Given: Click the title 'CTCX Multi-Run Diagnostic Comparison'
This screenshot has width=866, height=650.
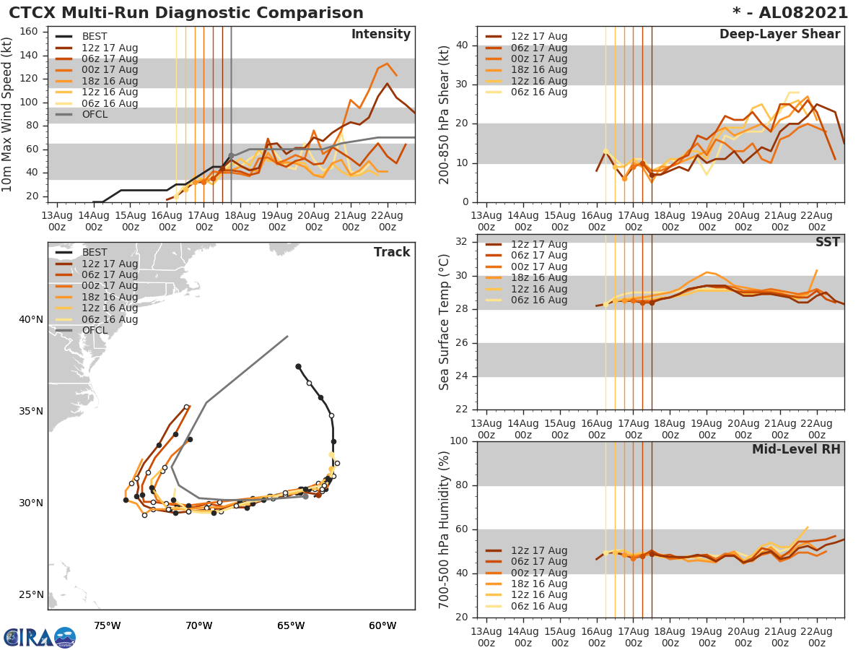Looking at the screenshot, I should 186,13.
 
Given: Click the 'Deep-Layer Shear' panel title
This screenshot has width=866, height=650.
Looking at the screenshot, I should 779,35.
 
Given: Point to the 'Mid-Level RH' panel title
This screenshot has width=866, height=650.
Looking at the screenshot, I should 796,450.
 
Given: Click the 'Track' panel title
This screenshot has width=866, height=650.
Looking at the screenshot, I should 392,252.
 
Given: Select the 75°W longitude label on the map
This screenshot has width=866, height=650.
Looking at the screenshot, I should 107,625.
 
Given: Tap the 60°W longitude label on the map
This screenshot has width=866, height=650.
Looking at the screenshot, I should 382,625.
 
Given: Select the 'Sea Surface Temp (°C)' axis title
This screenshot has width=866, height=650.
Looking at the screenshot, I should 445,321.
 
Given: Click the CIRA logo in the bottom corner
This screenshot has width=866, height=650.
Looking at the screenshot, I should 40,637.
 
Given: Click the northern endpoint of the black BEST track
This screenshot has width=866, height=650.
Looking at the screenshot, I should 298,366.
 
